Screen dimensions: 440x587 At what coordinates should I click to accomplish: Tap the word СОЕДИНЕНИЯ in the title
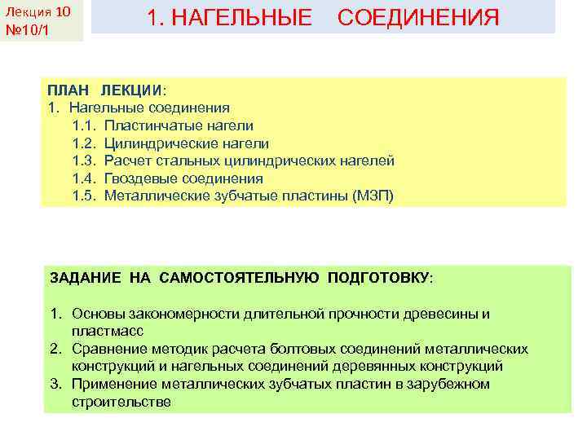pyautogui.click(x=417, y=17)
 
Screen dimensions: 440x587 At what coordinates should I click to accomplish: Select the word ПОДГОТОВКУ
pyautogui.click(x=378, y=277)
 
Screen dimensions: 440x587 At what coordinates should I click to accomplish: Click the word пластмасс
pyautogui.click(x=108, y=332)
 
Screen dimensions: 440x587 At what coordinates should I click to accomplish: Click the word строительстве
pyautogui.click(x=121, y=403)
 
